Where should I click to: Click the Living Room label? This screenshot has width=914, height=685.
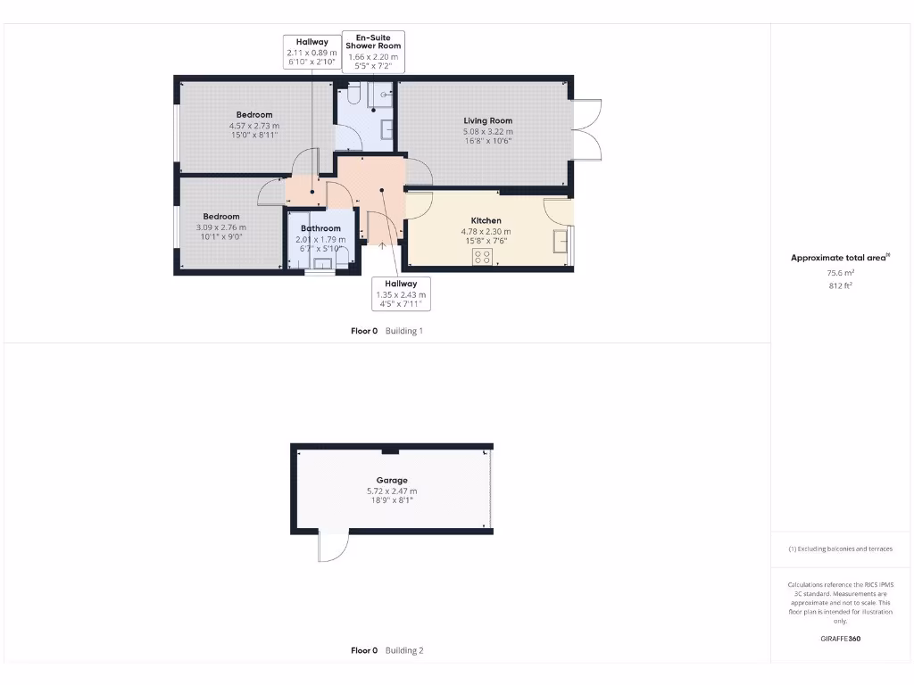487,120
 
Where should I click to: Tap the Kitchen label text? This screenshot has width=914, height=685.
486,220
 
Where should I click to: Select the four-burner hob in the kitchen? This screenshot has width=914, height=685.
482,257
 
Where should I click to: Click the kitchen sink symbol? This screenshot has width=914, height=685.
560,241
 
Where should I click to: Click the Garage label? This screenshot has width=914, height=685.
391,480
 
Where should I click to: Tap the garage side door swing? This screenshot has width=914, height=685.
332,546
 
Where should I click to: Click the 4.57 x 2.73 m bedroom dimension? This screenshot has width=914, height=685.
253,126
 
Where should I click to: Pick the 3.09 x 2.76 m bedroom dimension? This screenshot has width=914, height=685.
220,227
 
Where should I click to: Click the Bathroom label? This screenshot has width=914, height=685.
320,228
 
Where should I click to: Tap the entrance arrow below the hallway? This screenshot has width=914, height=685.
382,247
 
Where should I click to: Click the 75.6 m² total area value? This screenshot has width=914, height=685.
839,274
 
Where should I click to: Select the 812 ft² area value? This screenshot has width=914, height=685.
839,285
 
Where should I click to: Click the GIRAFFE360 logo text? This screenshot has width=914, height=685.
840,639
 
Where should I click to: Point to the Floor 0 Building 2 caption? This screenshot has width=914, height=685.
386,650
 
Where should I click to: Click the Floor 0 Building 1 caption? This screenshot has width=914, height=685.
386,331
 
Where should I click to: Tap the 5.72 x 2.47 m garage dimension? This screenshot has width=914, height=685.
391,491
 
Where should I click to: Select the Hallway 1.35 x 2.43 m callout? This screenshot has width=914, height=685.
401,293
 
